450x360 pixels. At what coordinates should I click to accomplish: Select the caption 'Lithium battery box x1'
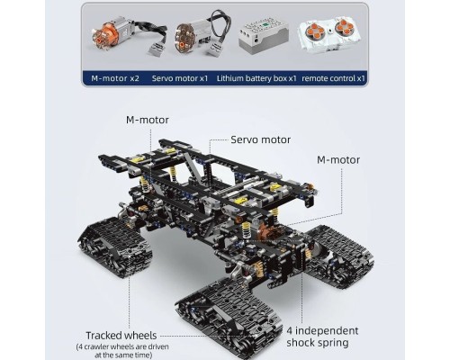point(267,78)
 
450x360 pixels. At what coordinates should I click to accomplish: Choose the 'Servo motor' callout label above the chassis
point(260,140)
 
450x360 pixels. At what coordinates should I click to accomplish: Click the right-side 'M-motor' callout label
point(338,159)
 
